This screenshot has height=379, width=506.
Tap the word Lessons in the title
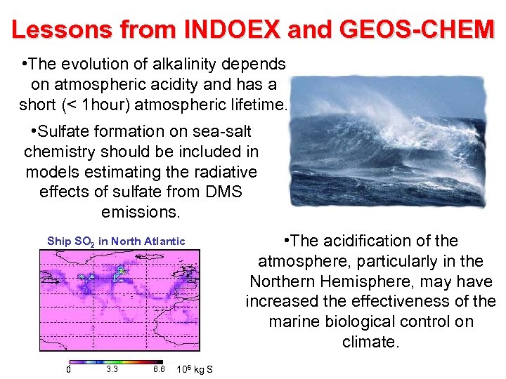click(x=60, y=29)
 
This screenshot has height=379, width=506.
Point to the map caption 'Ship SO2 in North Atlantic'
click(x=116, y=241)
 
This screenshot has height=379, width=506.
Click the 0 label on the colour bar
click(x=67, y=369)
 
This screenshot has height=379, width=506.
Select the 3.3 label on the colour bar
click(x=111, y=369)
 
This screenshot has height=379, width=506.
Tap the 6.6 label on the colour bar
click(x=158, y=369)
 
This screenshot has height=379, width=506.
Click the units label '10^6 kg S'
click(x=195, y=370)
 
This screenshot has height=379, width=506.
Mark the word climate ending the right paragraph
click(x=370, y=343)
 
